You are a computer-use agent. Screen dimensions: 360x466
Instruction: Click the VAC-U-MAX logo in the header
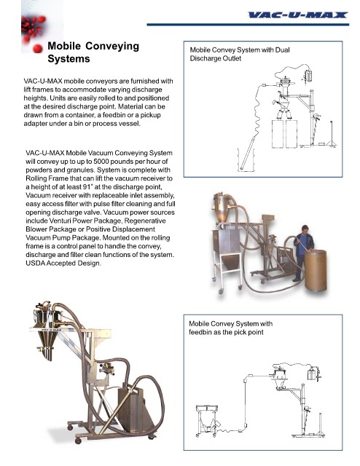pos(298,15)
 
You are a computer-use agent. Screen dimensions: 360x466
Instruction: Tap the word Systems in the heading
pos(69,59)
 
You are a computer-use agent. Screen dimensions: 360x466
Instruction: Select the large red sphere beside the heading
pos(38,49)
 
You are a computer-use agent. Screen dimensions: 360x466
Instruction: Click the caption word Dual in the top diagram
pos(282,50)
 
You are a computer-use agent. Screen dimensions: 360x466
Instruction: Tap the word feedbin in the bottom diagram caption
pos(200,332)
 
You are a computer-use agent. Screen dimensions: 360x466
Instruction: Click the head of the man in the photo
pos(305,230)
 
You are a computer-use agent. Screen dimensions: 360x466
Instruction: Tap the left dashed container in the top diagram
pos(278,134)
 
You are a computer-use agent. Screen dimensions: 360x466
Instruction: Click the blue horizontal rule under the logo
pos(248,25)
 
